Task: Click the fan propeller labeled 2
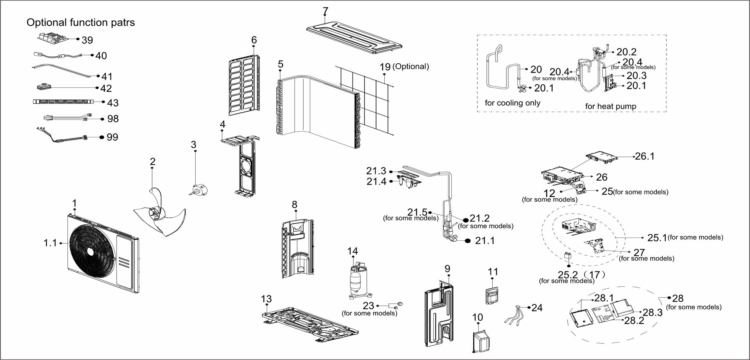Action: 159,213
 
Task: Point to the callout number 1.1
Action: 50,243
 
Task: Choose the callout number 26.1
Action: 645,156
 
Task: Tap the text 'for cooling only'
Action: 513,103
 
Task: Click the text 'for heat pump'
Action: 611,106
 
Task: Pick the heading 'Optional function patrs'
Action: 81,22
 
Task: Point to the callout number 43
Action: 113,103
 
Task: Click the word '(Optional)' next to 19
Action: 410,66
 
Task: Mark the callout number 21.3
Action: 376,171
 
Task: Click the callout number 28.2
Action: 634,320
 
